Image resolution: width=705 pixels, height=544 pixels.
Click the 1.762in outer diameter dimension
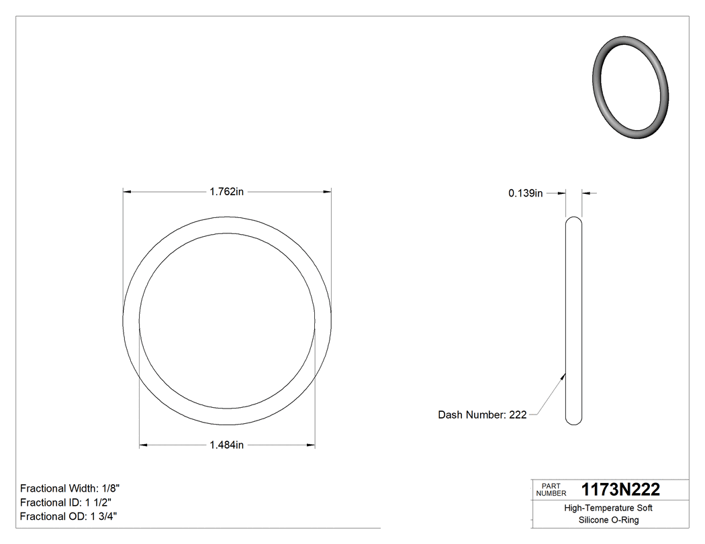(226, 192)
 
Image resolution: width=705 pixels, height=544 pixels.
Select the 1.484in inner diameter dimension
(226, 445)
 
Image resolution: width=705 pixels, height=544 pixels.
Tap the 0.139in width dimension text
(525, 193)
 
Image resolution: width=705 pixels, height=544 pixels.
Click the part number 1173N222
(620, 489)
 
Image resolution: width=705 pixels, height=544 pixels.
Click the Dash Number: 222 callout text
(482, 415)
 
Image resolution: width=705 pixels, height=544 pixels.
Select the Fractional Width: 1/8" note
(70, 488)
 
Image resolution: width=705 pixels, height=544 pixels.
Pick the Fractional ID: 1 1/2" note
(66, 502)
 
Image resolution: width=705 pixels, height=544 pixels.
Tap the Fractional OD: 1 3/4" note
(70, 516)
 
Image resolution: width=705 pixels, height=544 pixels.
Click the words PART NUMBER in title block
(551, 490)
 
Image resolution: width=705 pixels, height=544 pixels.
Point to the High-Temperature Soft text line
(608, 508)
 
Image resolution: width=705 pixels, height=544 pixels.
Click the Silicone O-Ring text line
(608, 521)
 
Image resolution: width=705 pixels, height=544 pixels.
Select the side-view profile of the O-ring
(573, 320)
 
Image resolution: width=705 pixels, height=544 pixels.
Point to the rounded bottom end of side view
(573, 421)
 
